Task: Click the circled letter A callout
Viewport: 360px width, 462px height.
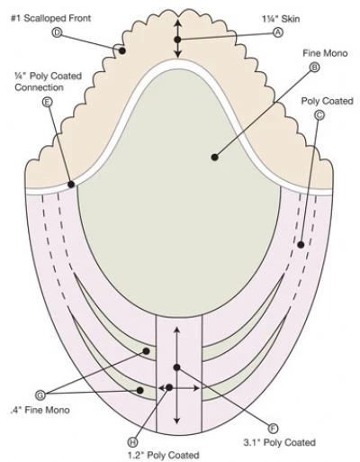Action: tap(278, 32)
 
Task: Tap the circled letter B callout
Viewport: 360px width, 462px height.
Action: tap(314, 68)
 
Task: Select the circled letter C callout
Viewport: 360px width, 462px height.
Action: tap(319, 115)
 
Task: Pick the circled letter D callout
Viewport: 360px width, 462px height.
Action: tap(57, 32)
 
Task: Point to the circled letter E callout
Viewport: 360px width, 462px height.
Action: tap(47, 103)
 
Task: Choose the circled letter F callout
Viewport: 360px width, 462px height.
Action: tap(273, 429)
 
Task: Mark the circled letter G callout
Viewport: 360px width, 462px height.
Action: tap(40, 394)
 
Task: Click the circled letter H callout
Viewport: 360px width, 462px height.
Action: tap(132, 442)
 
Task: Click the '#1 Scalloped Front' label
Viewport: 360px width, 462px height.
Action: tap(50, 18)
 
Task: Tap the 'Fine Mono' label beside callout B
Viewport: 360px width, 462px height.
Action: tap(325, 53)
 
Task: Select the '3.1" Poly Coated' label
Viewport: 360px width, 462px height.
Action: tap(279, 442)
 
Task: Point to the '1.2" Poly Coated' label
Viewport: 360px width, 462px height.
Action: tap(164, 455)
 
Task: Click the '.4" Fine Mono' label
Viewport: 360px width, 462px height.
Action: tap(40, 410)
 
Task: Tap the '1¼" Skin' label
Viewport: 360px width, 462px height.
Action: tap(281, 19)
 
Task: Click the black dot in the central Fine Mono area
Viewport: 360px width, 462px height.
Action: tap(214, 157)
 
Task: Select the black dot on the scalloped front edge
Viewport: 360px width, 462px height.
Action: tap(122, 50)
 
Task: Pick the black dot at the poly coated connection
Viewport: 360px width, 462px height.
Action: tap(71, 185)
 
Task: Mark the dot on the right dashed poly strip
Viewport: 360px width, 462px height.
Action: tap(301, 245)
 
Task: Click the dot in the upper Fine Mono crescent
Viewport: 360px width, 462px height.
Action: tap(147, 351)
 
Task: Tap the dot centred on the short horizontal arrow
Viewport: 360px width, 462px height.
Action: tap(169, 387)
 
